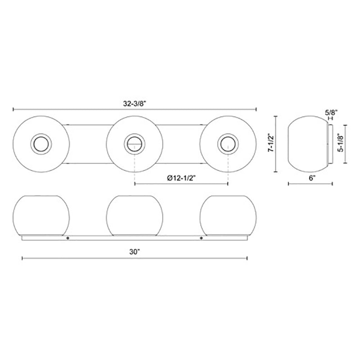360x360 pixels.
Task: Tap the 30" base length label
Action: (x=135, y=252)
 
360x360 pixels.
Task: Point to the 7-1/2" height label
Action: (x=270, y=144)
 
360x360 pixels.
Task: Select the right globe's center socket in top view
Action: (x=227, y=144)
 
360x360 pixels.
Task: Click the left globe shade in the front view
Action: (x=41, y=215)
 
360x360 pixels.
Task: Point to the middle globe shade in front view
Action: (x=134, y=215)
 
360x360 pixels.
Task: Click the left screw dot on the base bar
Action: (x=68, y=238)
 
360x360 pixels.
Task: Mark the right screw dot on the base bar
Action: (x=201, y=238)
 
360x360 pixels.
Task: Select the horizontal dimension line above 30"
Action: (x=135, y=258)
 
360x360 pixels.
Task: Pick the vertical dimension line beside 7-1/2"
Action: (x=276, y=144)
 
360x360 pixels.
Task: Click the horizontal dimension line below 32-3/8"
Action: (x=135, y=109)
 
